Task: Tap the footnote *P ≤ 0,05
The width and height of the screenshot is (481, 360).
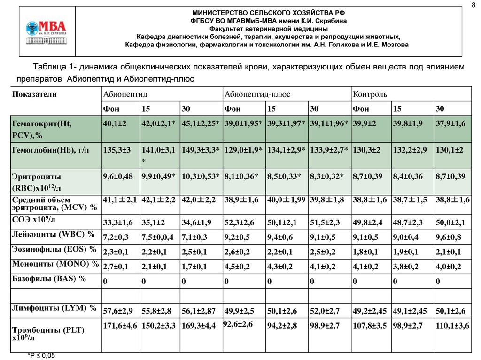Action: click(x=41, y=355)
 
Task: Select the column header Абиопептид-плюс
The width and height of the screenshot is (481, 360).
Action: click(x=257, y=94)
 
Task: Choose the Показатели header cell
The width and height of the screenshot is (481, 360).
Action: click(x=35, y=94)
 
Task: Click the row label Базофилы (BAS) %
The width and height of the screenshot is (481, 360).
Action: click(x=50, y=278)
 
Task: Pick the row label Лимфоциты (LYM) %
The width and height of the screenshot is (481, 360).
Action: click(x=54, y=308)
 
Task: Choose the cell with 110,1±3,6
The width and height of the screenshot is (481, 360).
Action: click(x=452, y=325)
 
